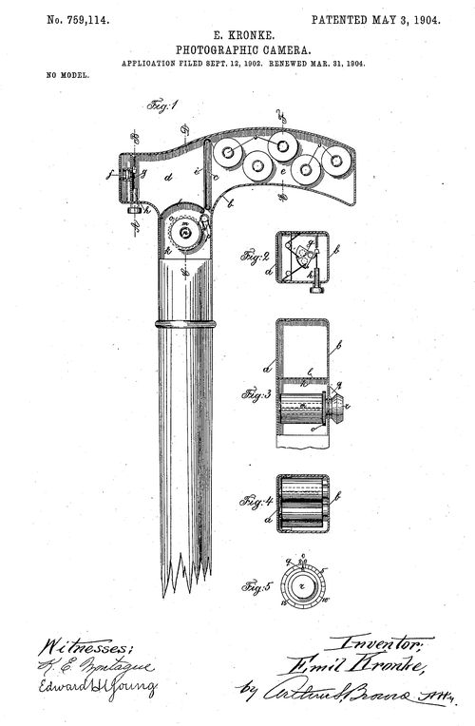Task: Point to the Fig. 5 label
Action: [x=255, y=585]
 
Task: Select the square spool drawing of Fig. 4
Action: [x=302, y=500]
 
